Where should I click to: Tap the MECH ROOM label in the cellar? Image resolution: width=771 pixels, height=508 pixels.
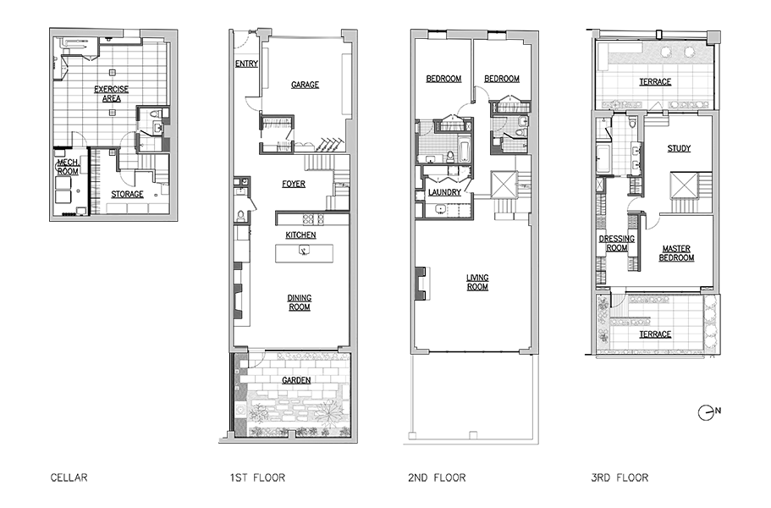coord(68,166)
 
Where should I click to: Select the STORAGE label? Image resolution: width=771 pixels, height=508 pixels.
coord(127,194)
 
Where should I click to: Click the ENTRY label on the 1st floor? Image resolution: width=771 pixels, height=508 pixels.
coord(246,63)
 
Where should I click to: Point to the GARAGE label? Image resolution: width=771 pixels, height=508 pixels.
coord(305,85)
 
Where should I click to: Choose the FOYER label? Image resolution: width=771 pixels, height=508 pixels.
coord(294,184)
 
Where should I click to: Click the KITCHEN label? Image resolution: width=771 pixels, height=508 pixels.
coord(300,235)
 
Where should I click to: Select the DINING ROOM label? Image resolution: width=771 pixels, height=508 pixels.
coord(299,302)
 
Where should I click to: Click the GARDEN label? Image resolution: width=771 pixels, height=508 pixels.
coord(296,381)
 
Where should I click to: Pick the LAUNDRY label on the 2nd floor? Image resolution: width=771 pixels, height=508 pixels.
coord(443,192)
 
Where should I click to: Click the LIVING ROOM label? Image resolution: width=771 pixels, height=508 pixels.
coord(477,281)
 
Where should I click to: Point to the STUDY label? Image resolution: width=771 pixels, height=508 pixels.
coord(679,148)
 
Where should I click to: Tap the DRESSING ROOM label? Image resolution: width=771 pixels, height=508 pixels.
coord(616,243)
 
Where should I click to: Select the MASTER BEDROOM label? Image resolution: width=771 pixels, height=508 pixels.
coord(675,253)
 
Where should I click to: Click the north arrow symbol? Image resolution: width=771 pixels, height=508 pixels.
coord(707,412)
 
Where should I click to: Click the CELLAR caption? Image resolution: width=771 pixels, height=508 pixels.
coord(69,478)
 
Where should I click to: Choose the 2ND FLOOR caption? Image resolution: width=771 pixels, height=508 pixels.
coord(437,478)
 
